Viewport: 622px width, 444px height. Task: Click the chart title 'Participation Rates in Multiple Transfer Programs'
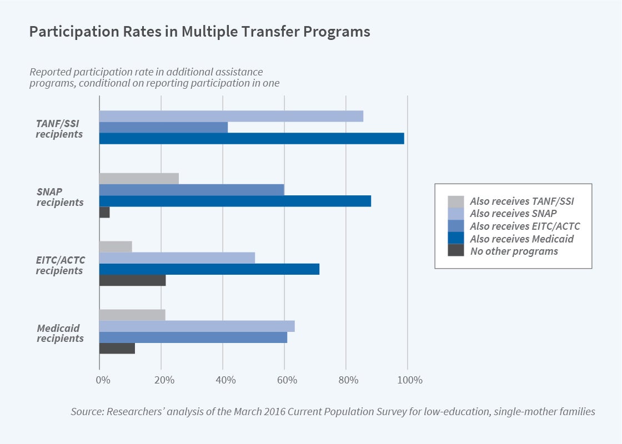coord(199,32)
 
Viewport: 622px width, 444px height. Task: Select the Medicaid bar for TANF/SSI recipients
coord(252,139)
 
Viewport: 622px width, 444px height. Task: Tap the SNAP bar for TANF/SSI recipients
coord(231,116)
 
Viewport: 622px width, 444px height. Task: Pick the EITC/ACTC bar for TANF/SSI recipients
coord(163,127)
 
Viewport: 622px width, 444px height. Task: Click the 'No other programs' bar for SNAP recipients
coord(104,212)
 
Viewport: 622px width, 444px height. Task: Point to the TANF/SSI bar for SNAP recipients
coord(139,178)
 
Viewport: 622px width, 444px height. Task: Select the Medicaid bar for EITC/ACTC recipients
coord(209,269)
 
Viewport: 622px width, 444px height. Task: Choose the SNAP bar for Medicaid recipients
coord(197,326)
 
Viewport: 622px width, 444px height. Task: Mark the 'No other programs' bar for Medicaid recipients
coord(117,349)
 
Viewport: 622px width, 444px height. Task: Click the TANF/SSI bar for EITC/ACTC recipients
coord(116,246)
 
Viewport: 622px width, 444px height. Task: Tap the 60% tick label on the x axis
coord(284,381)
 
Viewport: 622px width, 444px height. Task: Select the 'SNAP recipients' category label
coord(60,196)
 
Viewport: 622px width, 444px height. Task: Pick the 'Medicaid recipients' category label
coord(60,333)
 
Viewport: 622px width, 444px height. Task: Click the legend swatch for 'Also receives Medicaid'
coord(455,239)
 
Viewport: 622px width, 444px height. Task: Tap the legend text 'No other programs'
coord(514,251)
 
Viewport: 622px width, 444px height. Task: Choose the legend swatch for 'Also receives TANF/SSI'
coord(455,201)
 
